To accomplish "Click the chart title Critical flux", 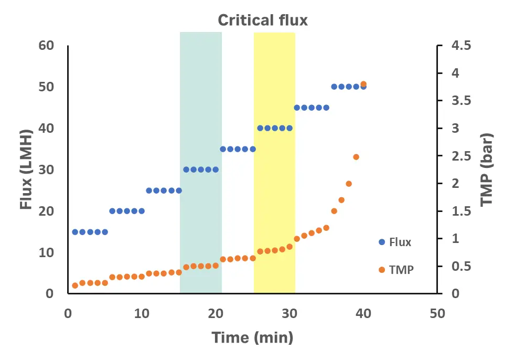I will pyautogui.click(x=263, y=20).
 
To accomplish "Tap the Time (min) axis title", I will pyautogui.click(x=252, y=337).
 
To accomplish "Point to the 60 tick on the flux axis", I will pyautogui.click(x=47, y=45).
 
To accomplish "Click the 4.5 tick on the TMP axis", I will pyautogui.click(x=461, y=46).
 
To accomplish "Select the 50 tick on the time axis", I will pyautogui.click(x=437, y=313).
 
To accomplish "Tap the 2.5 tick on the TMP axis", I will pyautogui.click(x=461, y=156).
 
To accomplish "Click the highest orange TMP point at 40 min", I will pyautogui.click(x=363, y=84).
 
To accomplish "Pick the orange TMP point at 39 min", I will pyautogui.click(x=356, y=157).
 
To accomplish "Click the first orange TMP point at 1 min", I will pyautogui.click(x=75, y=285).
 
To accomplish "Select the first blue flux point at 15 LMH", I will pyautogui.click(x=75, y=232).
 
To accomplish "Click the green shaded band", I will pyautogui.click(x=200, y=105).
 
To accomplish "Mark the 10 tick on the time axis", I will pyautogui.click(x=142, y=313).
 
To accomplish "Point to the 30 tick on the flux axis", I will pyautogui.click(x=47, y=170).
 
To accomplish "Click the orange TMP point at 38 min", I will pyautogui.click(x=349, y=184).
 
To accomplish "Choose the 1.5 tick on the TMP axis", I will pyautogui.click(x=461, y=211).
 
